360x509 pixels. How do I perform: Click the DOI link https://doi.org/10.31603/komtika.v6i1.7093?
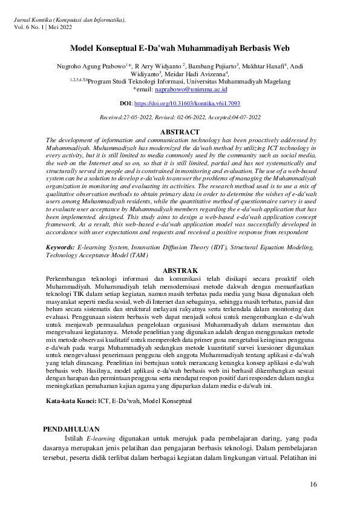click(187, 104)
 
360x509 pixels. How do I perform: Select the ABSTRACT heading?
click(180, 132)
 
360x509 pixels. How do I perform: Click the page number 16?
click(313, 484)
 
